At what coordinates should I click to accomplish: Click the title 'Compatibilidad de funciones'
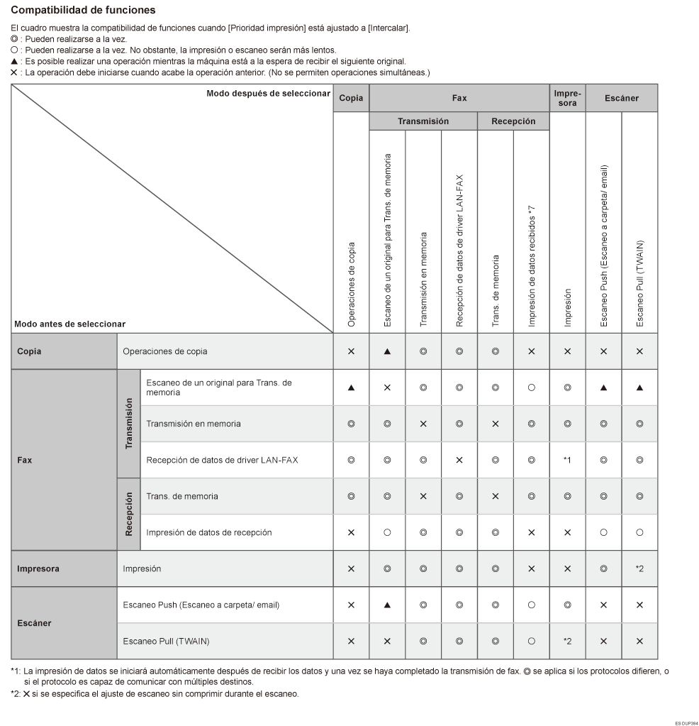tap(84, 11)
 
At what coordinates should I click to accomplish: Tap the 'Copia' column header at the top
tap(351, 98)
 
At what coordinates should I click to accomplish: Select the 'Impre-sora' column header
tap(567, 98)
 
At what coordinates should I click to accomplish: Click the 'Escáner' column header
tap(622, 98)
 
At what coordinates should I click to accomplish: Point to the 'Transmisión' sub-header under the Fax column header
tap(423, 121)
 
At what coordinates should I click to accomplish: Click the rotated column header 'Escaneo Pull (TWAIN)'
tap(639, 282)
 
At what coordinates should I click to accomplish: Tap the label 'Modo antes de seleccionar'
tap(70, 324)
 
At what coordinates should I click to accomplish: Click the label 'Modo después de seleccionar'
tap(269, 93)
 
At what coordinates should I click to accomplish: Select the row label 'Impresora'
tap(38, 568)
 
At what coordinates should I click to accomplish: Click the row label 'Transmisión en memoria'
tap(193, 424)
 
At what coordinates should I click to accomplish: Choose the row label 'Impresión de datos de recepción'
tap(209, 532)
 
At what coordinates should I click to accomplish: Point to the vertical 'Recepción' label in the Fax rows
tap(128, 515)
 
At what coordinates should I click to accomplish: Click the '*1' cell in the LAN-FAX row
tap(567, 460)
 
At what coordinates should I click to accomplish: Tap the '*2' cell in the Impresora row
tap(639, 568)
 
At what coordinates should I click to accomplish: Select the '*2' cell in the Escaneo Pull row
tap(567, 641)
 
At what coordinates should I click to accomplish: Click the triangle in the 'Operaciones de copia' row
tap(388, 351)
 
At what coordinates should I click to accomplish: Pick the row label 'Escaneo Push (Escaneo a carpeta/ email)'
tap(201, 605)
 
